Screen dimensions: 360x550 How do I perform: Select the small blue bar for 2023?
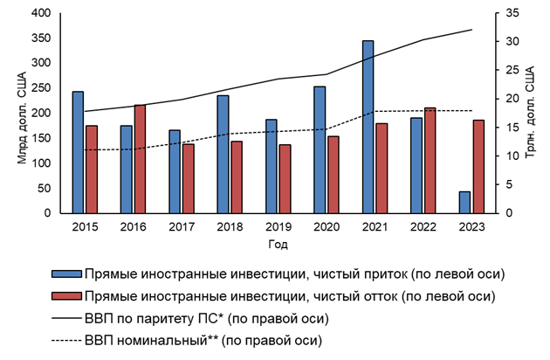coord(464,202)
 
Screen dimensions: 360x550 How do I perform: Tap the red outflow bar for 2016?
coord(140,158)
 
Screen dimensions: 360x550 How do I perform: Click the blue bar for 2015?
coord(78,152)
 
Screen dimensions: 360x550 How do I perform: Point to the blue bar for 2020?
coord(320,149)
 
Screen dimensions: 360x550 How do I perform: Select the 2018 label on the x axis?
coord(230,225)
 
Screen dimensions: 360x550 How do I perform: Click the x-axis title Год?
coord(278,245)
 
